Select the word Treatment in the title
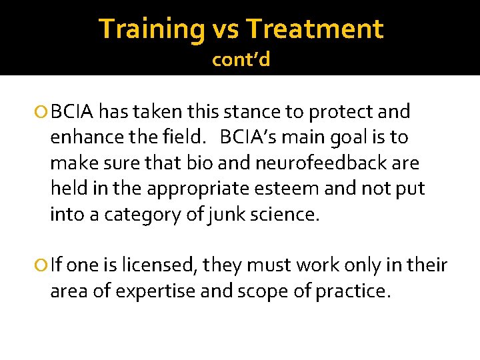click(315, 29)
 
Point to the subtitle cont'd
click(241, 60)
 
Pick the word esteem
click(284, 189)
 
